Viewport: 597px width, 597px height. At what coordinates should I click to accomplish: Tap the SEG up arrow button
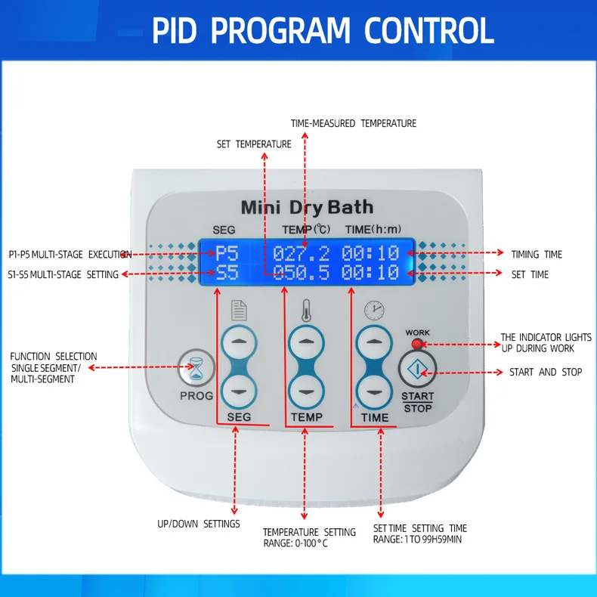239,342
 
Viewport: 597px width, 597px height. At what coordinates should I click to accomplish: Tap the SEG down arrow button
239,391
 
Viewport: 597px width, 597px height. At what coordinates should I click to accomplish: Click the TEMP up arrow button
306,342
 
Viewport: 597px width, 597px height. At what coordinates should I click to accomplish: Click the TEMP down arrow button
306,391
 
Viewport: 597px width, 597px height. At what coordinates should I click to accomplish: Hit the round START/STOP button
417,369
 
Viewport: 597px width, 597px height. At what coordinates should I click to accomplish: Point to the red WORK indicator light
417,344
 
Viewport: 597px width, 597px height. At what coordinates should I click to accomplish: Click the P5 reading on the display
227,253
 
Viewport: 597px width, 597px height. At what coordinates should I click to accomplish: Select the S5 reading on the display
227,273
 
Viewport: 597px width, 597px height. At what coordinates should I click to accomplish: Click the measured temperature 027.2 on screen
302,253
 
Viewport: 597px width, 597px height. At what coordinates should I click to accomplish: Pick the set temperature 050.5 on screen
302,273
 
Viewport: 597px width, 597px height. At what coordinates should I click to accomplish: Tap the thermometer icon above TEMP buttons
306,311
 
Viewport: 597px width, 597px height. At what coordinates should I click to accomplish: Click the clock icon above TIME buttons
374,311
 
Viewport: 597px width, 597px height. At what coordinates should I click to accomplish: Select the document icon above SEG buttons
239,311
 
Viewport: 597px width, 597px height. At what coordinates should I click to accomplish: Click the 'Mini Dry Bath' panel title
307,208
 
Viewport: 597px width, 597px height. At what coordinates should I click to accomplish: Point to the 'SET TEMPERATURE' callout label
254,144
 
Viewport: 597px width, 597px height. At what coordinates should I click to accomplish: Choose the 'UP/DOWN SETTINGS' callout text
199,524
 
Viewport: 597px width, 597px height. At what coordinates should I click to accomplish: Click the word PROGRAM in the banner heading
280,30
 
